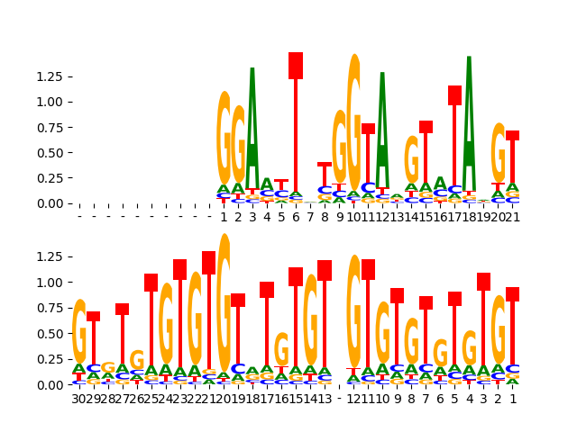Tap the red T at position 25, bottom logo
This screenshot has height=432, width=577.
click(x=151, y=319)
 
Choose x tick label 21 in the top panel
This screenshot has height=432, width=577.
click(x=512, y=217)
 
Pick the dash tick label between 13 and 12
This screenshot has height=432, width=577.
click(x=339, y=398)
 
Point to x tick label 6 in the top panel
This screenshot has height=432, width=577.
click(x=296, y=217)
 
